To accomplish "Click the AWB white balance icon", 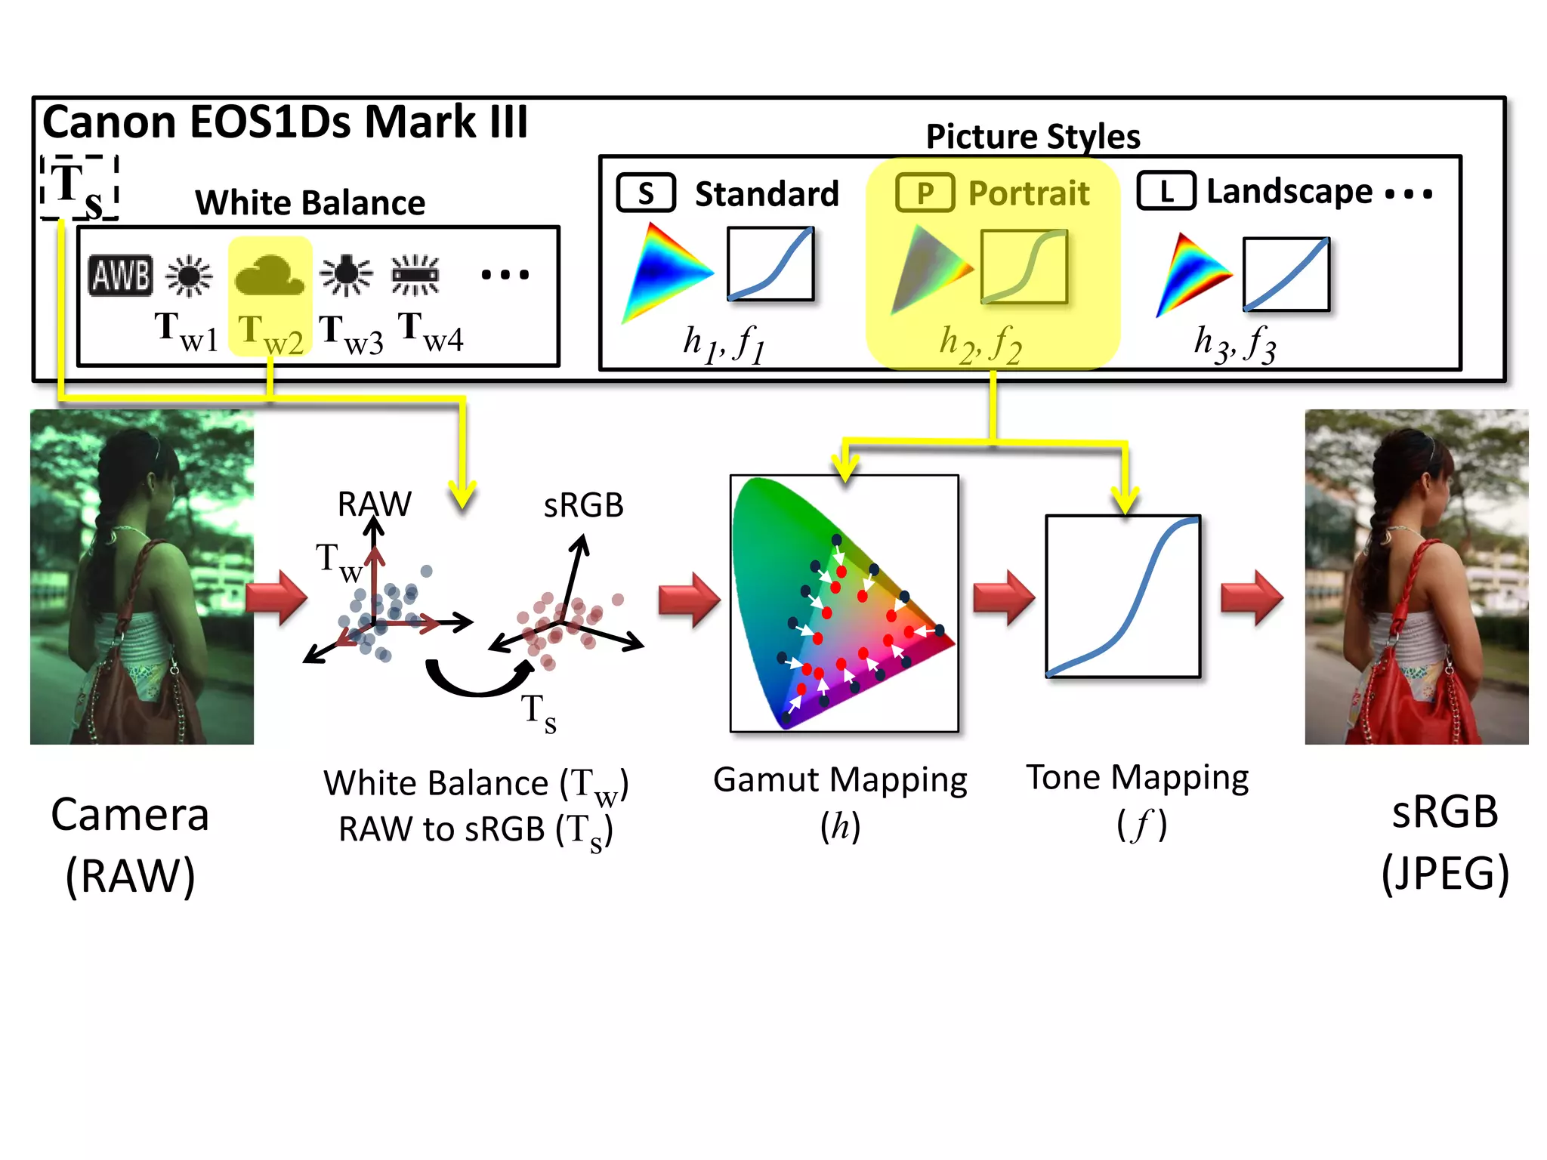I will point(121,275).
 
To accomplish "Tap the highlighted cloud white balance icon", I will point(269,276).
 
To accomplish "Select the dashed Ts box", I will point(79,187).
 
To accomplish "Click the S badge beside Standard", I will point(646,193).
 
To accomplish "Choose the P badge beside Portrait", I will point(925,193).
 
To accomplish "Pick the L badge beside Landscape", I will point(1166,191).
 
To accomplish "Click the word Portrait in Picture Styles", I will point(1029,193).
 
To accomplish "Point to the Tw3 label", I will point(350,334).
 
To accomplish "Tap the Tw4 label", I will point(431,332).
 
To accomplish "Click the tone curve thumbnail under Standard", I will point(770,264).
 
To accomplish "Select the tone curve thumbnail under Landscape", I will point(1286,274).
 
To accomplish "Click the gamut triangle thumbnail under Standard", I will point(663,272).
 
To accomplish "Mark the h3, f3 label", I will point(1235,344).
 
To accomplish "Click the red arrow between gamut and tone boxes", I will point(1004,597).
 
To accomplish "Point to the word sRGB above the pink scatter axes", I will point(583,505).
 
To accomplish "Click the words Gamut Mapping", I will point(840,779).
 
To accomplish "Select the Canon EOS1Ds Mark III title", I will point(285,122).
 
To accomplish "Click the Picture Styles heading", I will point(1033,137).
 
